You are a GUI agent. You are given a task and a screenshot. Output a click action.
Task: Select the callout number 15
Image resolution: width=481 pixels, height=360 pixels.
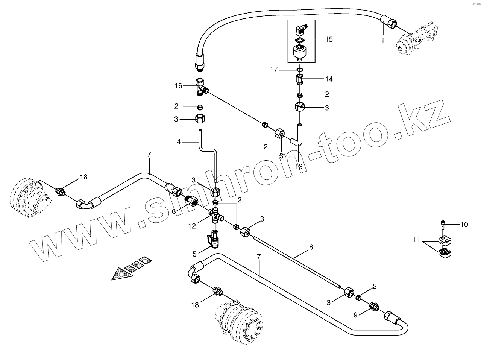(x=329, y=39)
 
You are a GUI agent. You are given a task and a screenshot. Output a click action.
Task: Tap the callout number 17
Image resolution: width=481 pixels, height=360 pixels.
(x=274, y=69)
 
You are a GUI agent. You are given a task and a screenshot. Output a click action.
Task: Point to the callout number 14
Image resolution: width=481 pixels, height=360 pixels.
(x=329, y=79)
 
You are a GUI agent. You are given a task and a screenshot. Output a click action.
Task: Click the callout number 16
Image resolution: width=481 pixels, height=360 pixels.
(x=178, y=86)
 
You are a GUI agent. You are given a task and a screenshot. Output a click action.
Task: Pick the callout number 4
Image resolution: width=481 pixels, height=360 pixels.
(x=179, y=142)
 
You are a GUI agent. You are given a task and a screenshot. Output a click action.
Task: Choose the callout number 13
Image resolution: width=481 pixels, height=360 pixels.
(x=299, y=166)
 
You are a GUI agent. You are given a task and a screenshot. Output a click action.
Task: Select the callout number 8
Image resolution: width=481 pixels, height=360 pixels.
(x=311, y=247)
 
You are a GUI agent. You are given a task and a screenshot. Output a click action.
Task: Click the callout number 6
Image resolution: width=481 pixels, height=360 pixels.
(x=174, y=212)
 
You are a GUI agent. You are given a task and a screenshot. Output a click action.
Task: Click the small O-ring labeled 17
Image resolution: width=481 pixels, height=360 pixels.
(x=300, y=70)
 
